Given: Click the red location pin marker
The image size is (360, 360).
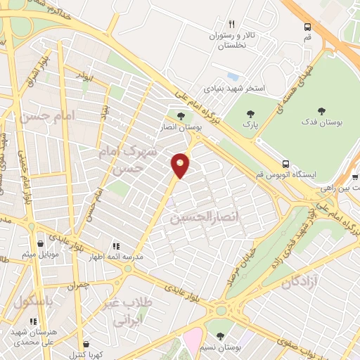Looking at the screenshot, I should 181,165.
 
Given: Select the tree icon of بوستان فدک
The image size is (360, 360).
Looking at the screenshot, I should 323,110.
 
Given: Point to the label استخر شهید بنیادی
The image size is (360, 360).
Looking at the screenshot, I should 234,89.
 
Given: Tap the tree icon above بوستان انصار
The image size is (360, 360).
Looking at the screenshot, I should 181,116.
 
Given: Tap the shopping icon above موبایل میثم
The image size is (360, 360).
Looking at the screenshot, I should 41,243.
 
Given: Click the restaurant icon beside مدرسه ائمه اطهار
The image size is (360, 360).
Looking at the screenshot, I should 115,247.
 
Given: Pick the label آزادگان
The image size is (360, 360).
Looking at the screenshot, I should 307,283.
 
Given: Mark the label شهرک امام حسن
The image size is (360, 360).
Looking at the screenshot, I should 124,160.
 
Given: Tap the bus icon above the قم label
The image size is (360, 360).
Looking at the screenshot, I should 307,27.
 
